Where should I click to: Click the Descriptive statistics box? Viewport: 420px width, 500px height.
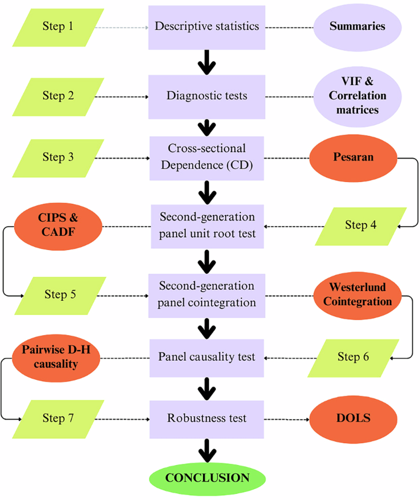pos(207,27)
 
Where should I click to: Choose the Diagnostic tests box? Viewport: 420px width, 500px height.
pos(207,96)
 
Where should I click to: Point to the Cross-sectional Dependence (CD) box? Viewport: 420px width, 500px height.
pos(207,157)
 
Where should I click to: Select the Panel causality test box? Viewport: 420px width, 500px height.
pos(207,357)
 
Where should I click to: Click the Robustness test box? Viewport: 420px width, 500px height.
pos(207,419)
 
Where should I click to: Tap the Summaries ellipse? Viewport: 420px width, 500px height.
pos(357,27)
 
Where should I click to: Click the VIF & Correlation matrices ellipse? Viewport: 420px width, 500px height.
pos(357,96)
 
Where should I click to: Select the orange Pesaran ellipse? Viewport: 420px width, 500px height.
pos(353,157)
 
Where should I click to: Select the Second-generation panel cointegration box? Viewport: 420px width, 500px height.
pos(207,294)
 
